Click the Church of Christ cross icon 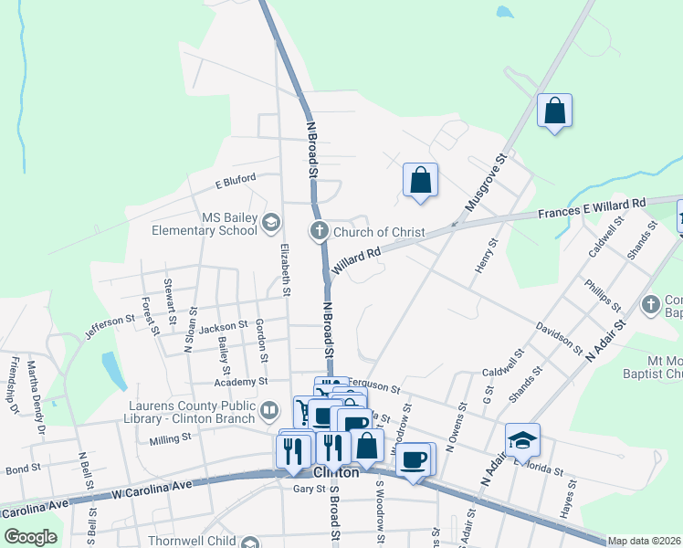320,231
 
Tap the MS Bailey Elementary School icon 271,222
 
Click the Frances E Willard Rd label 591,207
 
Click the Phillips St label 602,294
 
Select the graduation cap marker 522,441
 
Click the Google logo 30,537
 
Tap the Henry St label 484,256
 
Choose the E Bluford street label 235,180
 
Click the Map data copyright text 644,541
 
